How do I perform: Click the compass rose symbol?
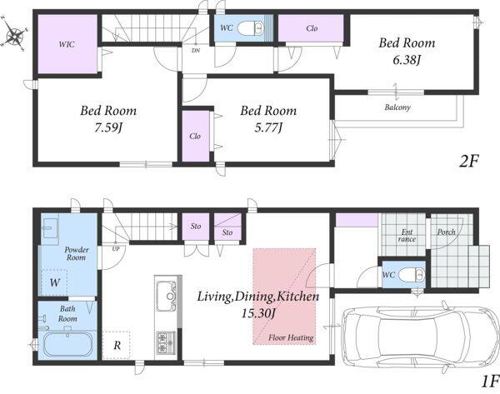(14, 33)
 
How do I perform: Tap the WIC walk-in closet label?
(67, 44)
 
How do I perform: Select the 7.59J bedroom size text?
(108, 127)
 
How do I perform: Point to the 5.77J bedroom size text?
(268, 127)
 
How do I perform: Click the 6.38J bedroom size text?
(407, 60)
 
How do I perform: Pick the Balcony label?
(397, 107)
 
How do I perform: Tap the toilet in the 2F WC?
(251, 27)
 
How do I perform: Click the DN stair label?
(196, 50)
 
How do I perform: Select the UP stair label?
(116, 248)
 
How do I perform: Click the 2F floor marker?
(468, 161)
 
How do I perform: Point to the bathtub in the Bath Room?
(68, 344)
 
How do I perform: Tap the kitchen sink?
(167, 297)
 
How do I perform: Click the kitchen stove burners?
(166, 342)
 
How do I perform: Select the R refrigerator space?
(117, 345)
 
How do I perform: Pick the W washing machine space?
(54, 282)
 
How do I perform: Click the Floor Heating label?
(291, 337)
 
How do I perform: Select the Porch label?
(446, 232)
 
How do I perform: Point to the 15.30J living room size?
(258, 313)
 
